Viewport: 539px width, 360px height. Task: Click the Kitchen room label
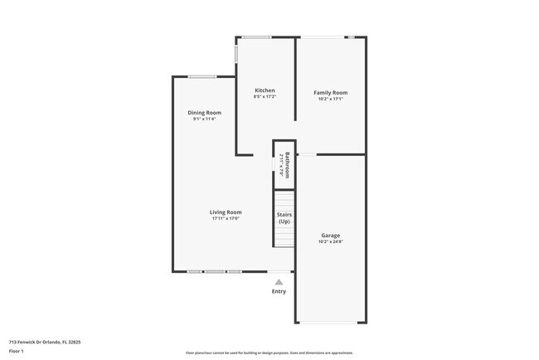[265, 90]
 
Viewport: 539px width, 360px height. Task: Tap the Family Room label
[330, 93]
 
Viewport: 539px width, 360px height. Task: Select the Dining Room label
[204, 113]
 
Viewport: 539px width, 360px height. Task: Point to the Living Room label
[226, 212]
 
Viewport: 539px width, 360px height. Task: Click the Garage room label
[330, 236]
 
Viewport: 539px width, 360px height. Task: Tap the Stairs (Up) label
[284, 218]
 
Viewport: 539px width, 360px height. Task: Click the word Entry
[279, 291]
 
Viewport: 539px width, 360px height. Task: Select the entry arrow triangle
[279, 282]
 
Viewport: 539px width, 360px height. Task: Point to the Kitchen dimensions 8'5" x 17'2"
[265, 98]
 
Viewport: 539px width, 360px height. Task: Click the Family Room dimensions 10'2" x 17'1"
[330, 100]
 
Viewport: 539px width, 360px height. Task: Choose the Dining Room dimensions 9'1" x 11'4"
[204, 119]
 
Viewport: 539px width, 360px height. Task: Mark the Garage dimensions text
[330, 242]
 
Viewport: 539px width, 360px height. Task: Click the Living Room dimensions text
[226, 219]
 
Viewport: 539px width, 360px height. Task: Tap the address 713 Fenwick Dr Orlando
[45, 341]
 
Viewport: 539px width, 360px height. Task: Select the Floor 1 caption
[17, 351]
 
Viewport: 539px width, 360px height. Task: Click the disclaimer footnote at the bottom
[269, 353]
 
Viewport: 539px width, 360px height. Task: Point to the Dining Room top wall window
[202, 77]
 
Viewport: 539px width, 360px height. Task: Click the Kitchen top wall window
[256, 36]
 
